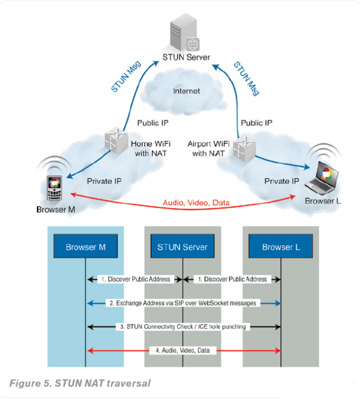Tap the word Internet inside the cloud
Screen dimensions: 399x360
(186, 91)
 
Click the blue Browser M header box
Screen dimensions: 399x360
(85, 247)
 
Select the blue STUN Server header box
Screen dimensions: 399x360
(183, 247)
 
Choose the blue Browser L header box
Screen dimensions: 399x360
(280, 247)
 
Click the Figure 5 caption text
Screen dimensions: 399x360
(80, 383)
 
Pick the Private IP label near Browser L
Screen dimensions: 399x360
(282, 181)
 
